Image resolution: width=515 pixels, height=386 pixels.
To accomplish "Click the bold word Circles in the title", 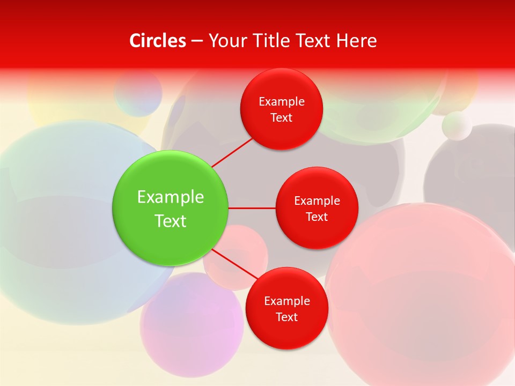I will pyautogui.click(x=158, y=41).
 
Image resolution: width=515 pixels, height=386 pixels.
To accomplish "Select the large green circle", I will pyautogui.click(x=170, y=208).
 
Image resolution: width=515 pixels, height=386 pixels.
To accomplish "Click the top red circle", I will pyautogui.click(x=281, y=109).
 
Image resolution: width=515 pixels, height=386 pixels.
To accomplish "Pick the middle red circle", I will pyautogui.click(x=317, y=208).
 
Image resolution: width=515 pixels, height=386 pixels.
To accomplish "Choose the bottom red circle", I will pyautogui.click(x=286, y=308).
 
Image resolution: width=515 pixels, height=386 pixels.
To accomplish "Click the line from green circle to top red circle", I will pyautogui.click(x=232, y=152).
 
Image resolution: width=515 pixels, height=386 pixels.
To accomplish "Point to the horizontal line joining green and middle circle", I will pyautogui.click(x=252, y=208).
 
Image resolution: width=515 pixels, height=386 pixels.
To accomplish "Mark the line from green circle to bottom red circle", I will pyautogui.click(x=234, y=264).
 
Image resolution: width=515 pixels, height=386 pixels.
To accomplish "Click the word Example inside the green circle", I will pyautogui.click(x=170, y=197).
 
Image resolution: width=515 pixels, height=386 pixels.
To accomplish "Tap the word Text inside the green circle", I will pyautogui.click(x=170, y=221).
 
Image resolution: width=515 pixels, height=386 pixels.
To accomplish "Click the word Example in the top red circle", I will pyautogui.click(x=281, y=101).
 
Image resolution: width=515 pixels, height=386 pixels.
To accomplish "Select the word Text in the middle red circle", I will pyautogui.click(x=317, y=217).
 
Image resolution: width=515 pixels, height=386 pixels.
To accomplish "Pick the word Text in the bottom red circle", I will pyautogui.click(x=286, y=317).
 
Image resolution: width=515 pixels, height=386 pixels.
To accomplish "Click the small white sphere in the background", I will pyautogui.click(x=457, y=125).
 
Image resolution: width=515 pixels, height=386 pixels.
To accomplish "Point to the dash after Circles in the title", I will pyautogui.click(x=196, y=41).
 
